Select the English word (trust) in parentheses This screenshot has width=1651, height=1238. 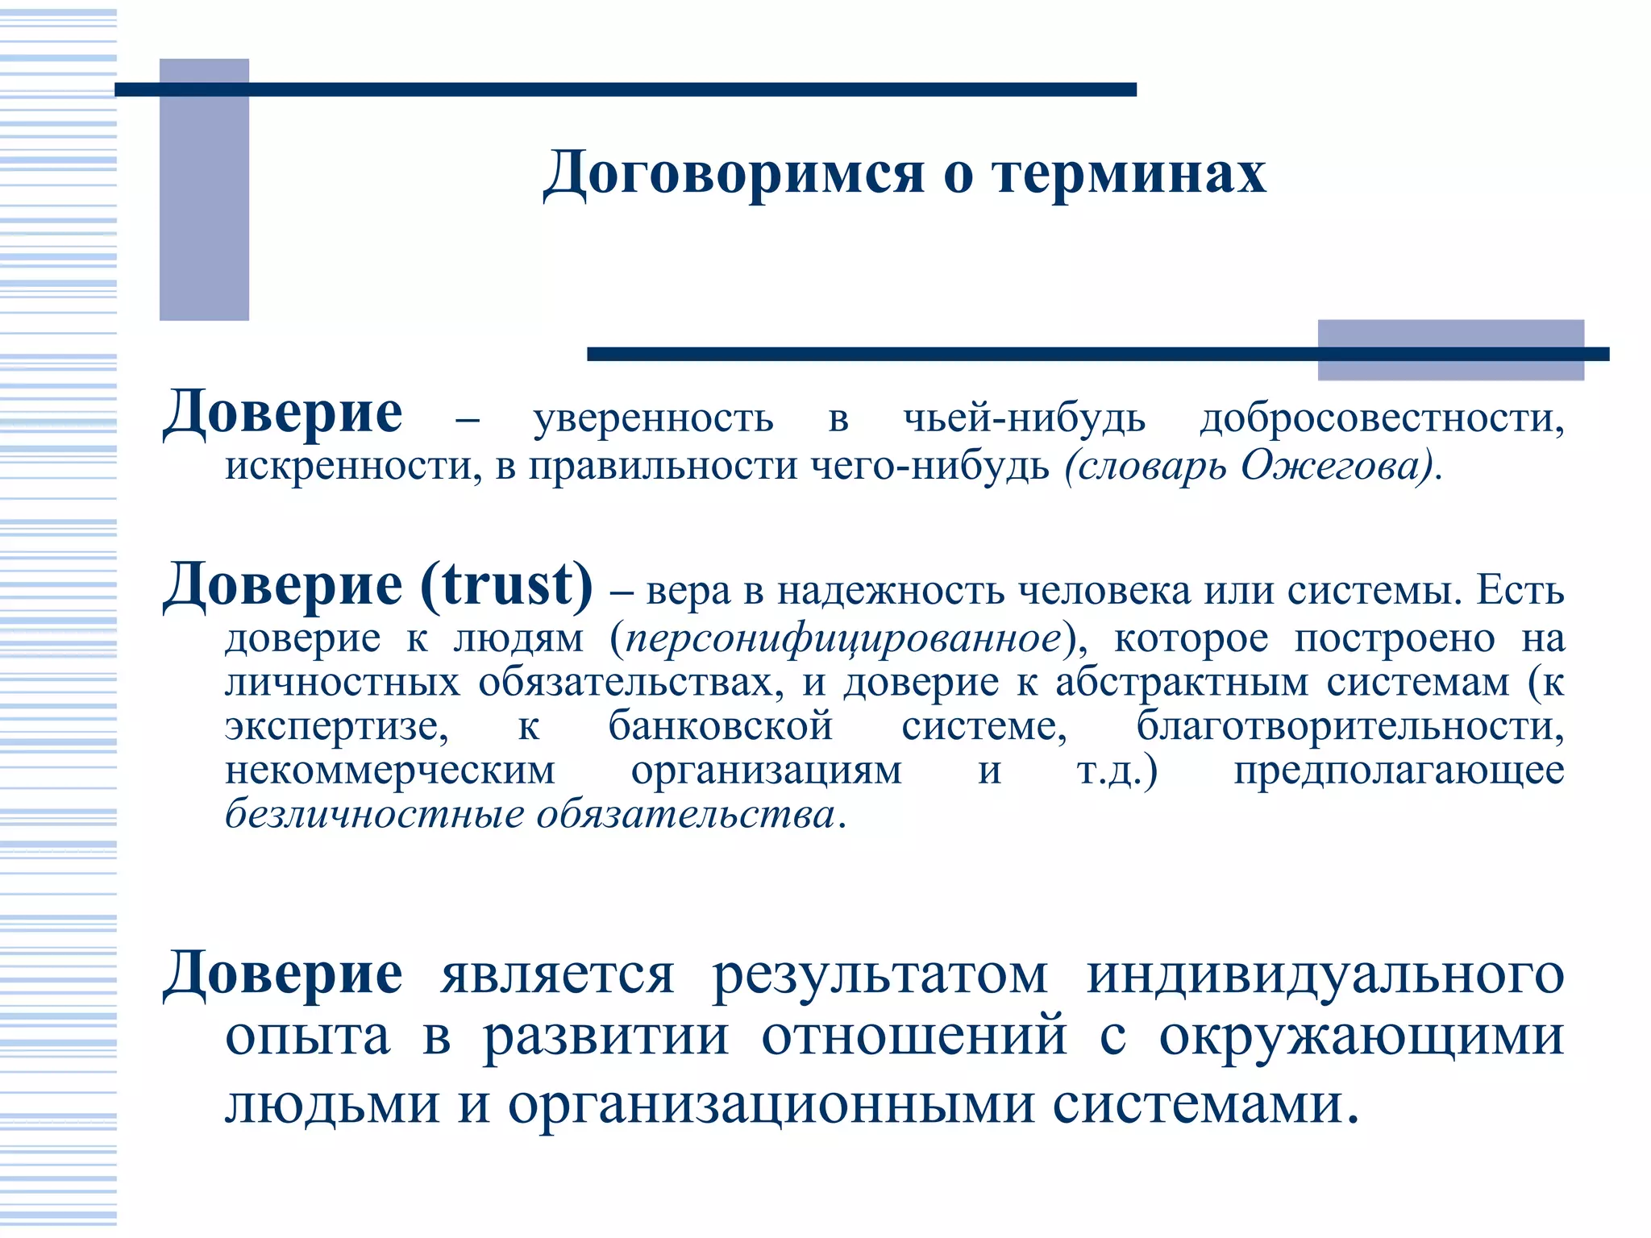pyautogui.click(x=506, y=584)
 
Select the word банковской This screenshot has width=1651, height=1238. pyautogui.click(x=720, y=726)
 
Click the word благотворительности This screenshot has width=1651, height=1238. pyautogui.click(x=1350, y=726)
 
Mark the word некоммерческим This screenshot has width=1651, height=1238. pyautogui.click(x=390, y=771)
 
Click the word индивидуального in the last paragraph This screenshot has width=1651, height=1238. pyautogui.click(x=1325, y=975)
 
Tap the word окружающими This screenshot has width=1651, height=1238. pyautogui.click(x=1362, y=1037)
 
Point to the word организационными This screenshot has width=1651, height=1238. pyautogui.click(x=771, y=1104)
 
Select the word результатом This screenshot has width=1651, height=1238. pyautogui.click(x=880, y=975)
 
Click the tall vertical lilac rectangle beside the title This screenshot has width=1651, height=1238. pyautogui.click(x=204, y=189)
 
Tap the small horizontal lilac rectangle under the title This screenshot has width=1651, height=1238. pyautogui.click(x=1450, y=349)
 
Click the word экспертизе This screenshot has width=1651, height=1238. pyautogui.click(x=337, y=726)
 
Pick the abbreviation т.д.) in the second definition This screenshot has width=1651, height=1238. pyautogui.click(x=1117, y=771)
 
